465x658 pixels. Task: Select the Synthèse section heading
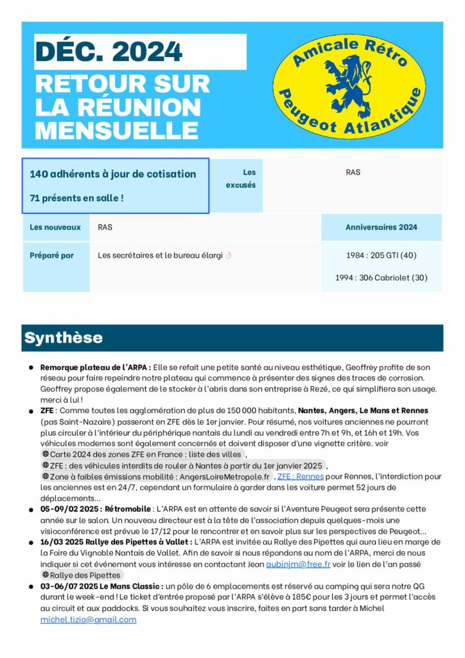pos(63,338)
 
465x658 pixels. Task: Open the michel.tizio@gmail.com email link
pos(88,619)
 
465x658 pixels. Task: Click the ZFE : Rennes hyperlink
pos(300,476)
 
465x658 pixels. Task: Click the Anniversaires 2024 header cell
pos(381,227)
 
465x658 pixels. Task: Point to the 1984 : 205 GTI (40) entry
pos(381,255)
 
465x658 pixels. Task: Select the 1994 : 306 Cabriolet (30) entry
pos(381,278)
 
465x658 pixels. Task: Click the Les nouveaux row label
pos(55,227)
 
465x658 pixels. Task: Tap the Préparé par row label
pos(52,255)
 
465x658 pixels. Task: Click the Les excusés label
pos(241,179)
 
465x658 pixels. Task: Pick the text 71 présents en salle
pos(76,198)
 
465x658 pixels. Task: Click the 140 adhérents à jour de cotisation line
pos(112,174)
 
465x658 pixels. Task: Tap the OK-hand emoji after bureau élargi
pos(229,255)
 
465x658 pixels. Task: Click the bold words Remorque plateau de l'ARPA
pos(95,367)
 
